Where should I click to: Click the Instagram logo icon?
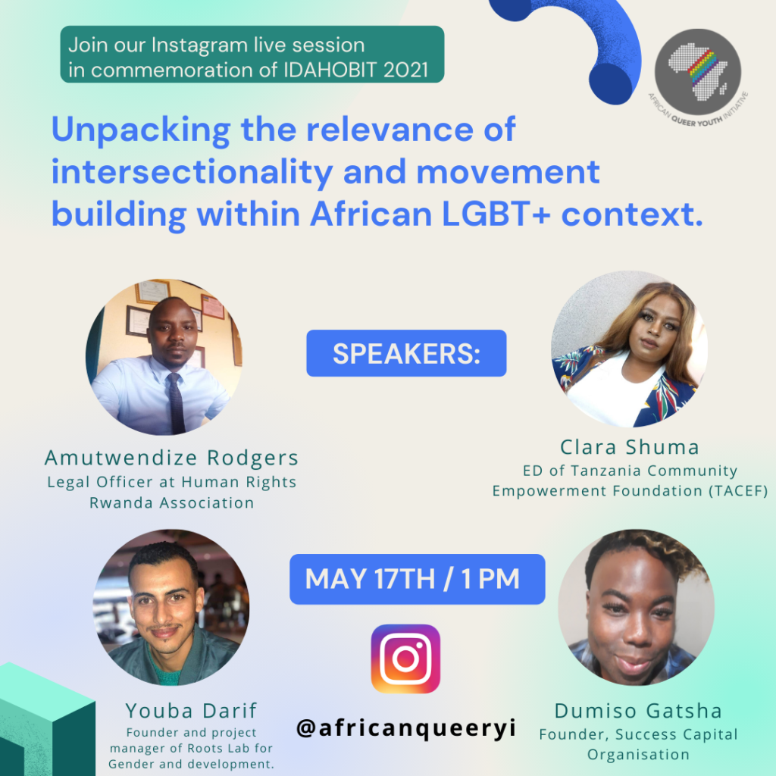[x=405, y=659]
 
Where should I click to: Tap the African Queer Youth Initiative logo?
[x=698, y=74]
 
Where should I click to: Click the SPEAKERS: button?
[x=406, y=353]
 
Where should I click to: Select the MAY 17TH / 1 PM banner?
[x=418, y=579]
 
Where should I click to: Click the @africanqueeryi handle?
[x=406, y=728]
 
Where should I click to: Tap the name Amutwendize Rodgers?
[x=171, y=458]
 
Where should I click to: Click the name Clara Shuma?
[x=630, y=447]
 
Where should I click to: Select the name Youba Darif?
[x=191, y=711]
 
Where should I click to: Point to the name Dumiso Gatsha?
[x=638, y=711]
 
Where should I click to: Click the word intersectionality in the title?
[x=192, y=172]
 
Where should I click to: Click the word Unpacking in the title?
[x=141, y=130]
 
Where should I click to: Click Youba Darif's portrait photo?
[x=171, y=607]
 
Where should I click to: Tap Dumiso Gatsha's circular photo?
[x=636, y=607]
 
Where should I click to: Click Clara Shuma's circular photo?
[x=630, y=349]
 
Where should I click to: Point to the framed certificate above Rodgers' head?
[x=152, y=292]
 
